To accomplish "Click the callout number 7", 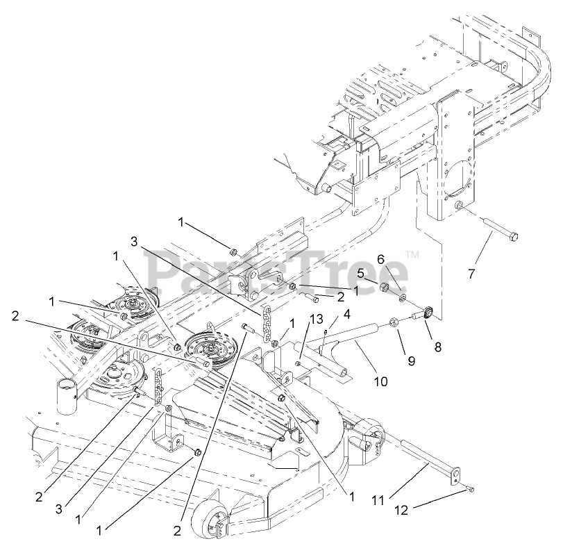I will click(471, 274).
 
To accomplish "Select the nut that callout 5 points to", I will click(383, 287).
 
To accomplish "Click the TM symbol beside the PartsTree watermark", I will click(411, 255).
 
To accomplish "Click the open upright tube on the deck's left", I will click(67, 395).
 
